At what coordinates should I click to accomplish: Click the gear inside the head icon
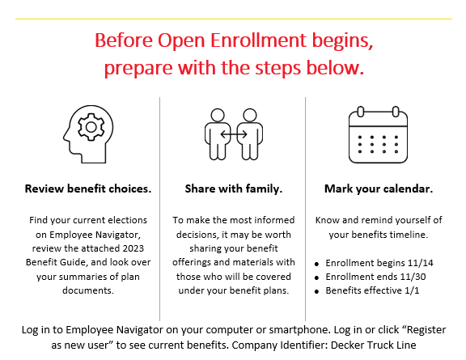tap(91, 127)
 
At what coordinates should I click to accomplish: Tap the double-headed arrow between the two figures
tap(234, 134)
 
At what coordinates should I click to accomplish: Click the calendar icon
tap(378, 134)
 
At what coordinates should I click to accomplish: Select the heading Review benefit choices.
tap(88, 188)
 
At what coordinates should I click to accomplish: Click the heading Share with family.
tap(234, 188)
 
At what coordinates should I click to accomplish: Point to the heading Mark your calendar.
tap(379, 188)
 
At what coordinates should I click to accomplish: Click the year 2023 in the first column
tap(133, 248)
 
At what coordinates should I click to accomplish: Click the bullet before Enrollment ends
tap(316, 277)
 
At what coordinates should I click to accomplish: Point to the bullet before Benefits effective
tap(316, 291)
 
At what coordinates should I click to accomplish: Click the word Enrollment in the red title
tap(258, 40)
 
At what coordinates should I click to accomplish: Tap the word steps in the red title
tap(278, 68)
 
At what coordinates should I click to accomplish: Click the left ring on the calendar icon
tap(361, 112)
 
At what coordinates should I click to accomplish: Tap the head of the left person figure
tap(218, 116)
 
